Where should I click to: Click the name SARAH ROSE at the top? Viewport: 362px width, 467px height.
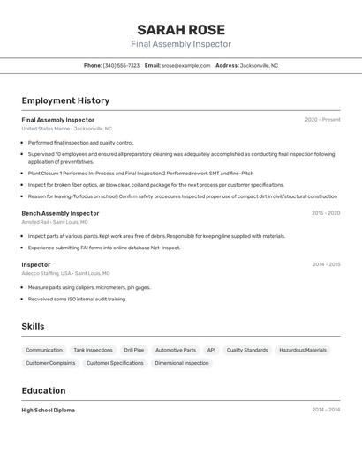181,30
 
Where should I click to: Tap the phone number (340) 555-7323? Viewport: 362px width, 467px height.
121,65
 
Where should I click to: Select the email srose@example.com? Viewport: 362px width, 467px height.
185,65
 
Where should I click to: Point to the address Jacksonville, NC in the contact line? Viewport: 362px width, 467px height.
259,65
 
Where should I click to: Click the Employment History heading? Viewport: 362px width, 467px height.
65,101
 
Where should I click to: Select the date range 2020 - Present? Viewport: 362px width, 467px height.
322,120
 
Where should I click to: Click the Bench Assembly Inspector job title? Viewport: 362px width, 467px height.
60,213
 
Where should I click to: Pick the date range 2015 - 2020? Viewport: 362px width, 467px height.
326,213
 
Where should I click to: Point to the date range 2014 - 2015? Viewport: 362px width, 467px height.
326,264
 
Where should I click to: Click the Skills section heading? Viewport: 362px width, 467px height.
33,327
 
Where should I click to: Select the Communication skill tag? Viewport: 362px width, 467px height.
44,350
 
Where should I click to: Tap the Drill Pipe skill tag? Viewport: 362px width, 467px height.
134,350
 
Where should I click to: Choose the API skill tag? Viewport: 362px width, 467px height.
211,350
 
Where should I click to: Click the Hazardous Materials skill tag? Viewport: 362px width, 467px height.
303,350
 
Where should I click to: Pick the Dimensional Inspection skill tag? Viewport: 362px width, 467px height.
182,363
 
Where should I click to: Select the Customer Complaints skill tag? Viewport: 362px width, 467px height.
50,363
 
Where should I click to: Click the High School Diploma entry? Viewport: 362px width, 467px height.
49,410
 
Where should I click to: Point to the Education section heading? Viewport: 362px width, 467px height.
43,391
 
